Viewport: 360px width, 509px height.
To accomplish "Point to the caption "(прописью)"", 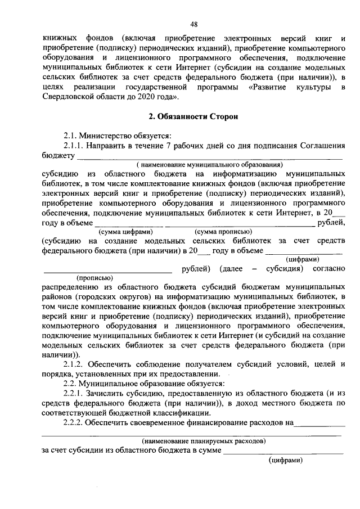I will [x=94, y=278].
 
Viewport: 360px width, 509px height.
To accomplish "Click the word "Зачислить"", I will [x=103, y=393].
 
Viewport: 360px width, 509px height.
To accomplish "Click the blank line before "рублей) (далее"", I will [x=107, y=269].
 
